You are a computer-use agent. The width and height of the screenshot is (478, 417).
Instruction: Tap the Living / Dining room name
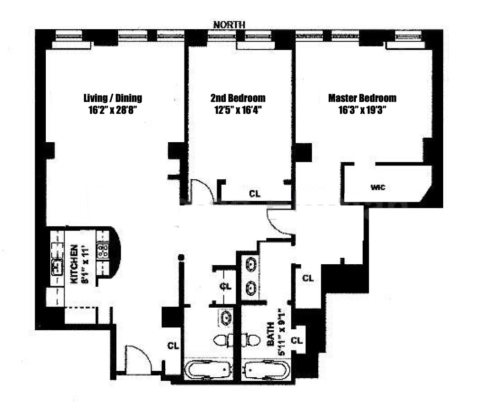(x=113, y=98)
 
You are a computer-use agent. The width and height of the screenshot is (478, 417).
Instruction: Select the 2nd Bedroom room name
(x=238, y=98)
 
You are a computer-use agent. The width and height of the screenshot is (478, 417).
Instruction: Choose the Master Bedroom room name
(x=362, y=98)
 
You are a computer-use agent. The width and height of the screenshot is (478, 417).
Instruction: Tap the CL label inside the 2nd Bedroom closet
(x=255, y=193)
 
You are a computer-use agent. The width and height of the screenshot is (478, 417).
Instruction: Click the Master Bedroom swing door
(x=280, y=225)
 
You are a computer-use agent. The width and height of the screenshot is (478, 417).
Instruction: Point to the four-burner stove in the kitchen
(x=103, y=250)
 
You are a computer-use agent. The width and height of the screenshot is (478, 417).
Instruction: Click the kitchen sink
(x=57, y=265)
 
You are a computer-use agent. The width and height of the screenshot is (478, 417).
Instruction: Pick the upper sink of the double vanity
(x=251, y=264)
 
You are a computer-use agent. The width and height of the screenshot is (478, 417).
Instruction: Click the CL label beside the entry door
(x=173, y=345)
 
